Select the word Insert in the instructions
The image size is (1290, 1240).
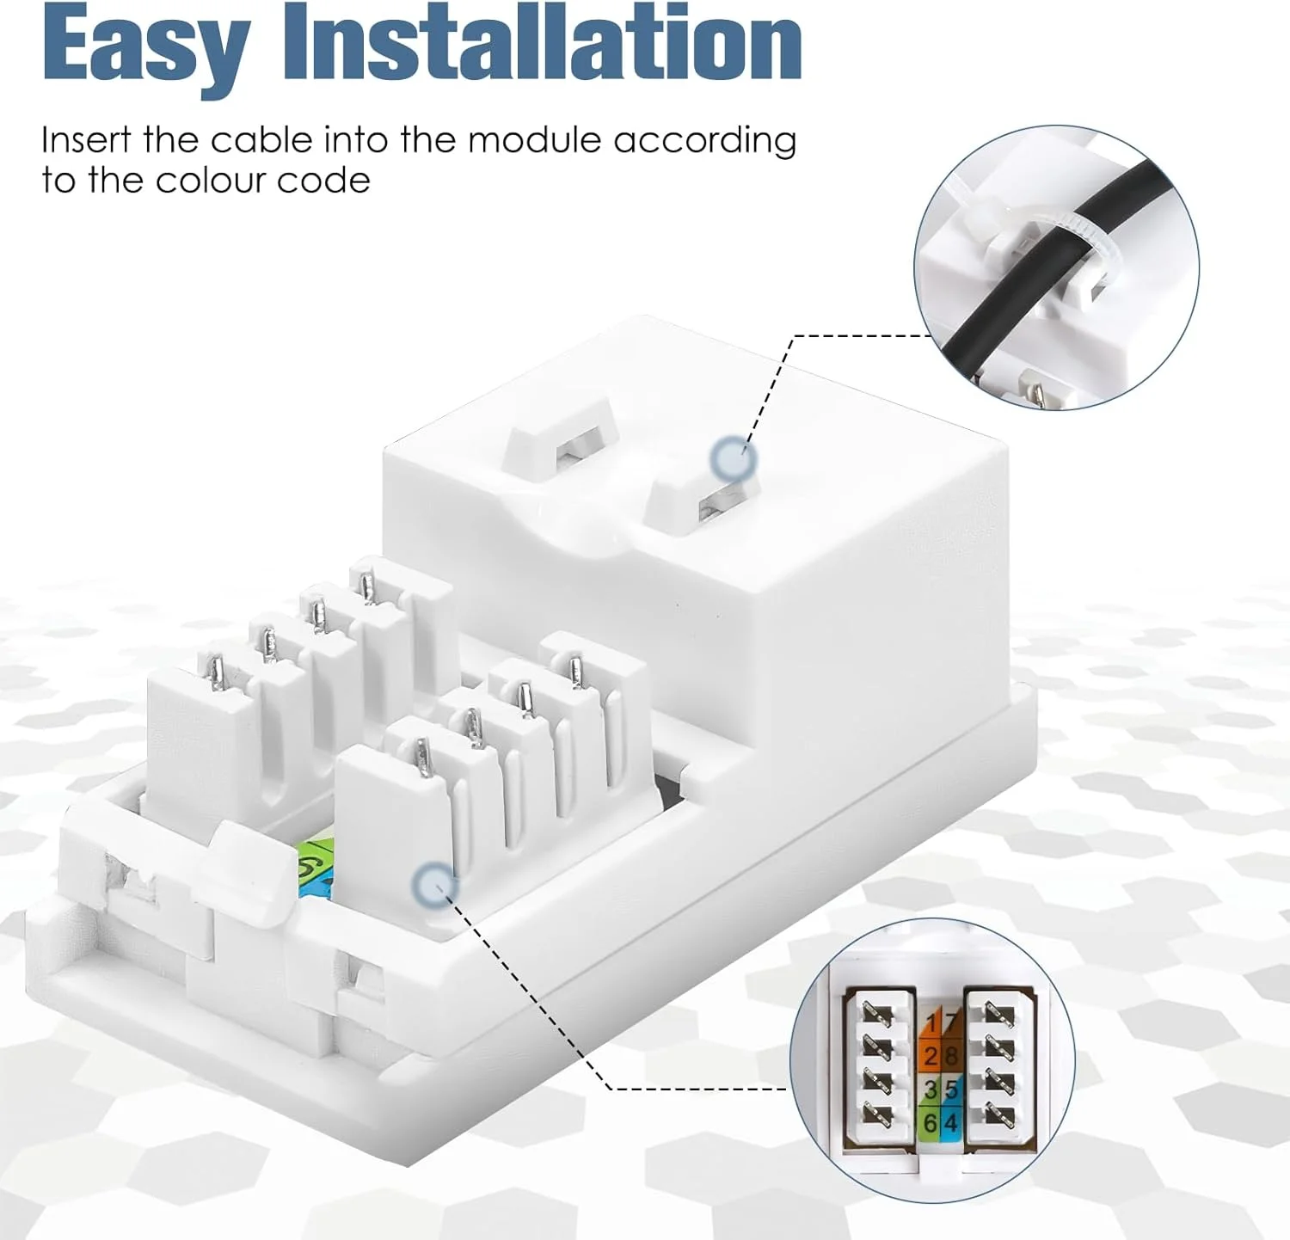pos(86,140)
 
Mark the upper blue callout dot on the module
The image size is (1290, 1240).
pos(734,457)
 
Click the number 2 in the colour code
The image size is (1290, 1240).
pos(930,1056)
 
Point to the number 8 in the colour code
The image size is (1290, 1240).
pos(950,1056)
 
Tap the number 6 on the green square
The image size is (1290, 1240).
pos(930,1123)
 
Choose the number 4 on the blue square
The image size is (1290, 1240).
pos(950,1123)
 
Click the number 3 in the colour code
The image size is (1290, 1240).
pos(930,1090)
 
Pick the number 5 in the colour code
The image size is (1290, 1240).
pos(950,1090)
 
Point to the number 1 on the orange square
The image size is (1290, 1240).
pos(932,1023)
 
